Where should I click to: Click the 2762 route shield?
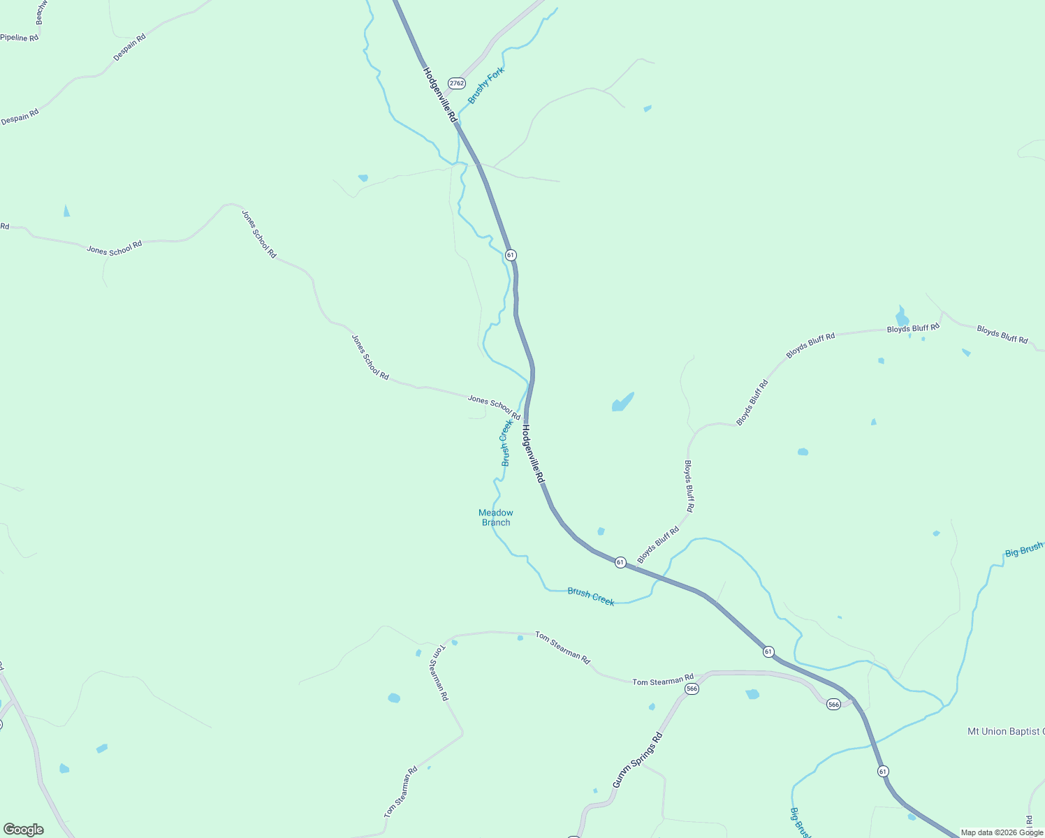(x=457, y=83)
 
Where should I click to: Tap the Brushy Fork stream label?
(x=486, y=86)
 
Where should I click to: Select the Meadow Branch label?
(x=496, y=517)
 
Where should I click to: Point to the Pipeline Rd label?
(x=20, y=37)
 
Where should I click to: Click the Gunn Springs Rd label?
(x=637, y=760)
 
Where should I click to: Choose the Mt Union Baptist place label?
(x=1005, y=732)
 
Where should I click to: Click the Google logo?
(x=24, y=830)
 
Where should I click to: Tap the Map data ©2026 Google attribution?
(x=1002, y=832)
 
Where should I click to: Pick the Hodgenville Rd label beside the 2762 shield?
(x=439, y=95)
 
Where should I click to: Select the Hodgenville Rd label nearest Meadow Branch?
(x=533, y=455)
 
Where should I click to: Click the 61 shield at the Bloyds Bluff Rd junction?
(x=620, y=562)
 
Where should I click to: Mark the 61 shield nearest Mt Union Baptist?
(x=884, y=772)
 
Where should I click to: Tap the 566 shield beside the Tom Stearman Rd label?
(x=692, y=689)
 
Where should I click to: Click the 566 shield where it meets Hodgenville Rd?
(x=833, y=704)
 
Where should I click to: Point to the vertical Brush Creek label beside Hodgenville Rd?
(x=507, y=443)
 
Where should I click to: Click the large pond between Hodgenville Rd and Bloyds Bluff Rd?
(x=622, y=403)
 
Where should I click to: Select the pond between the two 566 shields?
(x=752, y=694)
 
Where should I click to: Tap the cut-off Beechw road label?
(x=39, y=12)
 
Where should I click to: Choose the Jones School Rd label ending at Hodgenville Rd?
(x=494, y=408)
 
